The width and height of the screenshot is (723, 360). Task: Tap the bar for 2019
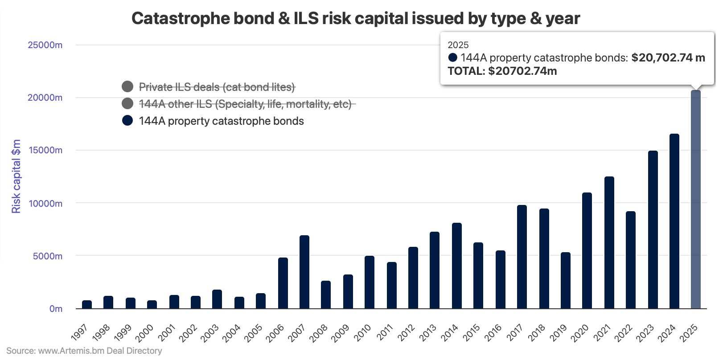pos(566,280)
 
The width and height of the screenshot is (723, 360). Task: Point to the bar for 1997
pos(87,304)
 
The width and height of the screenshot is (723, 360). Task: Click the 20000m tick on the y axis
pos(45,98)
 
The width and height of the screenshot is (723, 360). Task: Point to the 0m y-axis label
pos(56,309)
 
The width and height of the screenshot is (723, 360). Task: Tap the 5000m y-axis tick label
pos(48,256)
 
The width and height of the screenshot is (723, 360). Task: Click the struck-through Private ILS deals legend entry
pos(217,87)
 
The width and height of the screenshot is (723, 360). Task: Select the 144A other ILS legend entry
pos(245,104)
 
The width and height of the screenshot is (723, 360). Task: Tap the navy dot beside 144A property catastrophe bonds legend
pos(127,121)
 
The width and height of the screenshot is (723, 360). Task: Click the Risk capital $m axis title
pos(16,176)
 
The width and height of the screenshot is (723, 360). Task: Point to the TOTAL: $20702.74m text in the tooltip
pos(502,71)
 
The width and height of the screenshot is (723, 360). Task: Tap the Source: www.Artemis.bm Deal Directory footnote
pos(84,351)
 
